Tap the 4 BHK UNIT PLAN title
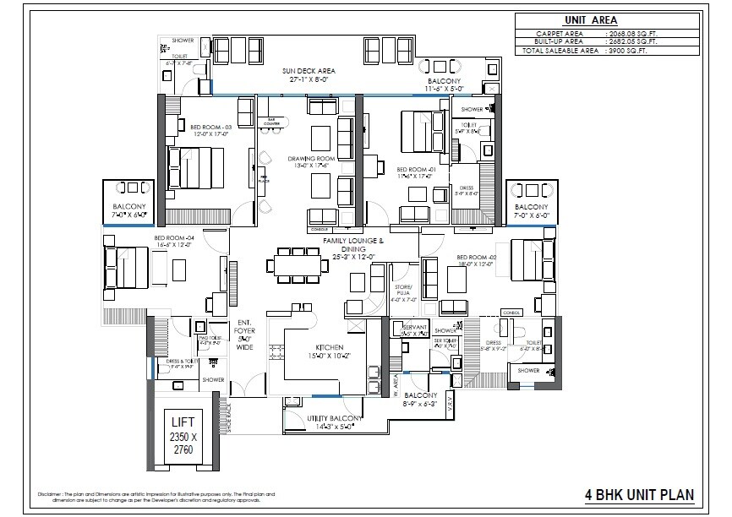pyautogui.click(x=641, y=494)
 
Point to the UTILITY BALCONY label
pyautogui.click(x=335, y=420)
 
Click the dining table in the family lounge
pyautogui.click(x=300, y=264)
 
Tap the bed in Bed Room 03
pyautogui.click(x=196, y=167)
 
